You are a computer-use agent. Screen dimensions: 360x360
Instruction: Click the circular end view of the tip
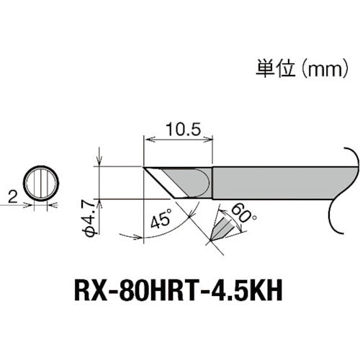pyautogui.click(x=40, y=183)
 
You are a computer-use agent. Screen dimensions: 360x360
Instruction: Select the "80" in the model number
pyautogui.click(x=151, y=293)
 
